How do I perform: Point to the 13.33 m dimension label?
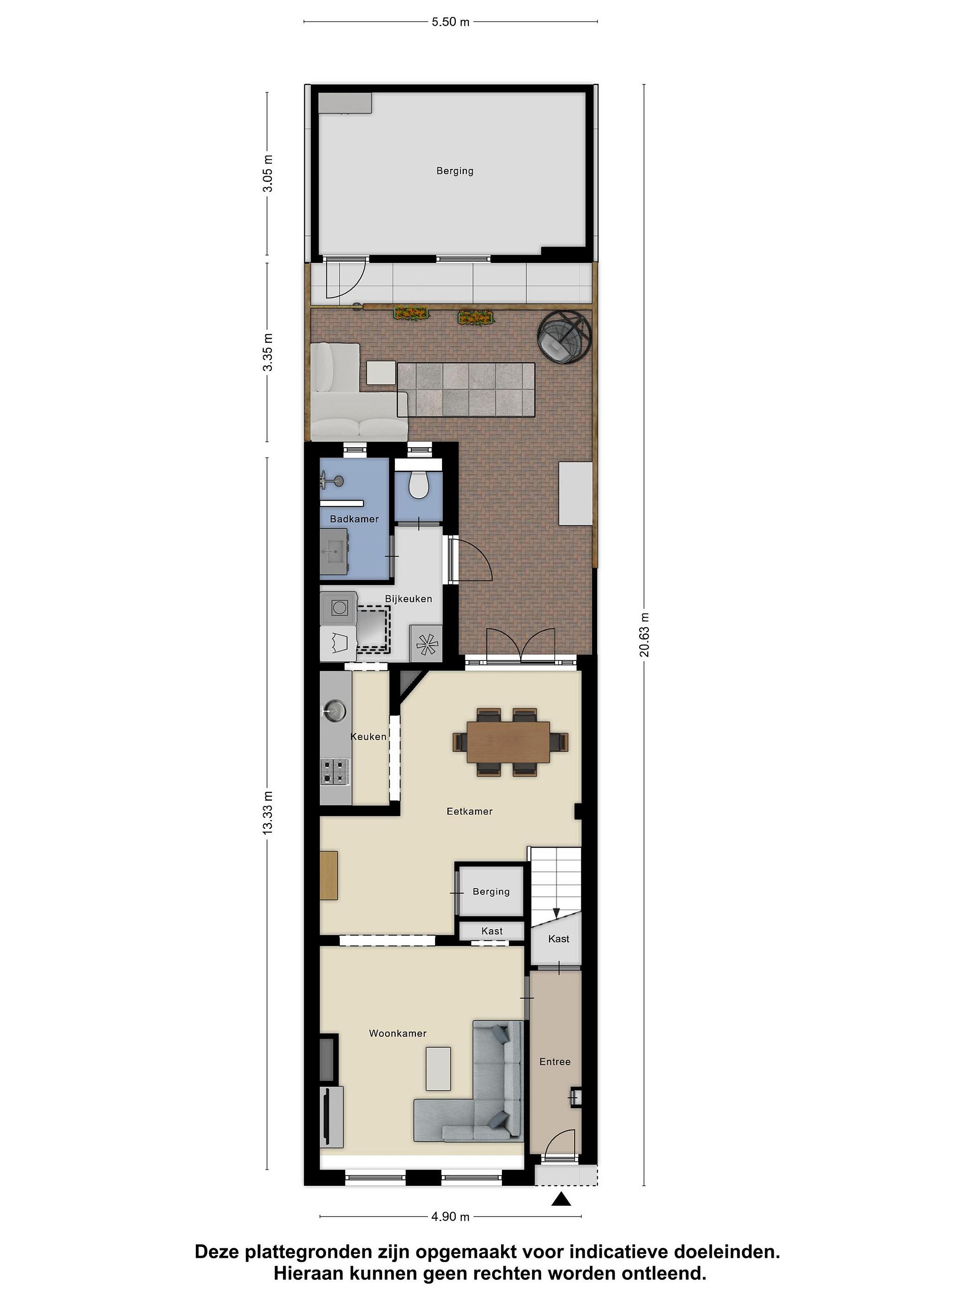click(268, 812)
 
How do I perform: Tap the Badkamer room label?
click(354, 519)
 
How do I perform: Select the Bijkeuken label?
click(409, 599)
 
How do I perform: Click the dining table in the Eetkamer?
click(508, 742)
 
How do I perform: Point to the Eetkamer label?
click(469, 811)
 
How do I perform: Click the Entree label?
click(555, 1062)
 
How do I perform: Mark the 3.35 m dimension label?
click(268, 352)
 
